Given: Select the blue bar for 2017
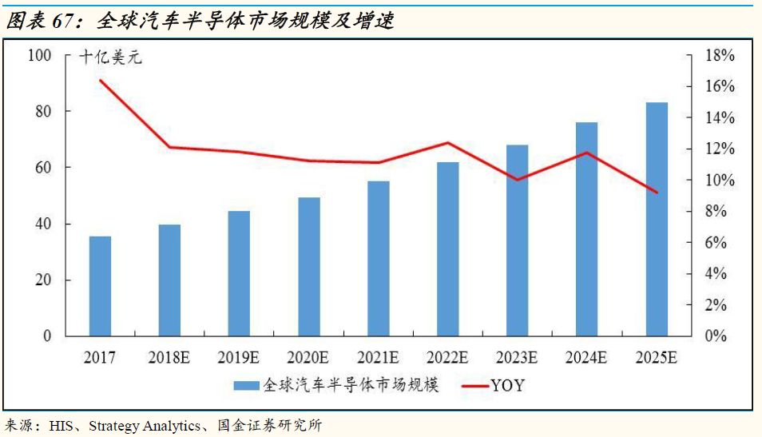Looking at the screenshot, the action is click(x=100, y=286).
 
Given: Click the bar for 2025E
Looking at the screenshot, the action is click(x=657, y=219).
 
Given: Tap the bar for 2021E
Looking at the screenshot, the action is click(x=379, y=259).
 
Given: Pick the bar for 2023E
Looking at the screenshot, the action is click(x=518, y=240).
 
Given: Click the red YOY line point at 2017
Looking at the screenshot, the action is click(x=101, y=80).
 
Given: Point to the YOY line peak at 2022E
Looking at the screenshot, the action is click(x=447, y=142).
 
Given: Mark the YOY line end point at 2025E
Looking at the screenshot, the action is click(x=657, y=193).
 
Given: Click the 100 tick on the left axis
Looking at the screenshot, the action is click(x=39, y=55).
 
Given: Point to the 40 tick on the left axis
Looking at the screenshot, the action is click(x=43, y=224).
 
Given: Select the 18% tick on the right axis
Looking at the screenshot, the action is click(x=720, y=55).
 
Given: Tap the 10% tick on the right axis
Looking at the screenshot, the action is click(x=720, y=180).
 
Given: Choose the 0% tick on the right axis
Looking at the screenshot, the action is click(x=716, y=336).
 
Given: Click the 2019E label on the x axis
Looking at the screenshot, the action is click(x=239, y=358).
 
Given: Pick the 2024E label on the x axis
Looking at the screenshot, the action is click(x=586, y=358).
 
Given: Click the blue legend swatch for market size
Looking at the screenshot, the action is click(x=246, y=386).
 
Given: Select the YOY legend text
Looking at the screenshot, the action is click(x=508, y=386).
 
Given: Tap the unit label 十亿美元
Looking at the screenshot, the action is click(x=110, y=58).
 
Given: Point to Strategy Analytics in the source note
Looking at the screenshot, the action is click(x=145, y=427).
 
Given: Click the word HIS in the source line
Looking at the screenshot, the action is click(x=61, y=427).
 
